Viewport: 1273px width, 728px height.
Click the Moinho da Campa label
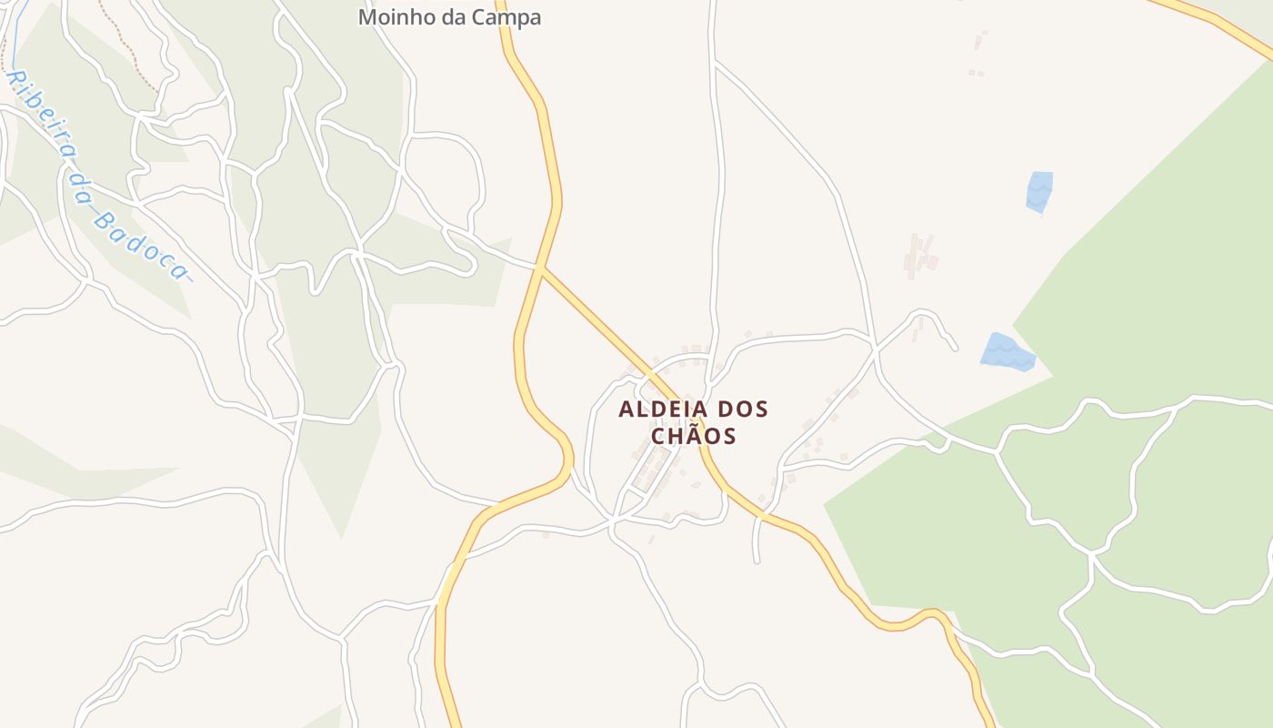tap(449, 16)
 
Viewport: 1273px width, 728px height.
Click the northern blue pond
tap(1038, 191)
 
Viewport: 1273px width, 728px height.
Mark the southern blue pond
tap(1007, 352)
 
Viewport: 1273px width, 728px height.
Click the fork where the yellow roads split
tap(541, 268)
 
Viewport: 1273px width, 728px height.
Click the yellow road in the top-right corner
tap(1218, 27)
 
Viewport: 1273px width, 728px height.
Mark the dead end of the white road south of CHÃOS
tap(756, 561)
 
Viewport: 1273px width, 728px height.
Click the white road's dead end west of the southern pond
tap(954, 349)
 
